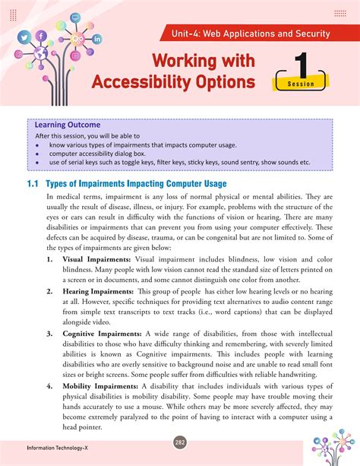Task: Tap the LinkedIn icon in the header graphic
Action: click(x=96, y=39)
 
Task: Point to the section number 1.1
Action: click(x=33, y=184)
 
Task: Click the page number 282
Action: click(x=179, y=443)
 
